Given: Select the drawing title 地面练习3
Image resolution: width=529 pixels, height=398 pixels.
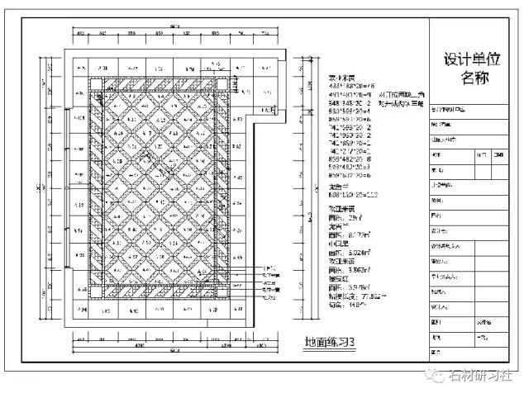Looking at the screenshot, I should (x=330, y=341).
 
